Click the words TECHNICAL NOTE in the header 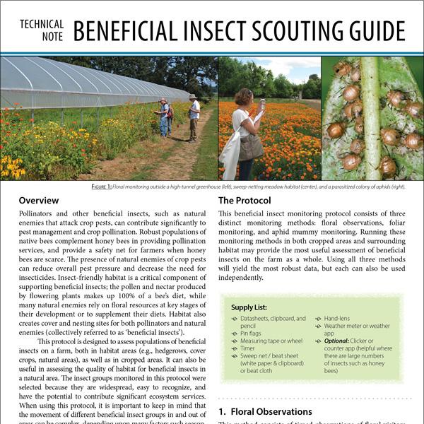coord(42,30)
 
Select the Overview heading coord(39,201)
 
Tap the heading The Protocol coord(245,201)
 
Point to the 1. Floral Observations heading coord(265,411)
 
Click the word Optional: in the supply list coord(341,340)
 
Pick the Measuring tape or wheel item coord(266,340)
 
